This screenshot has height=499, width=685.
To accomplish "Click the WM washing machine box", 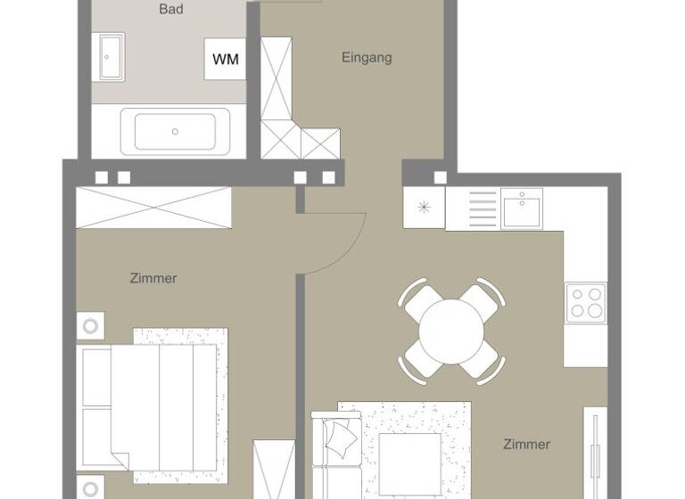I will click(225, 60).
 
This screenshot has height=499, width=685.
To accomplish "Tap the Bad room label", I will click(171, 9).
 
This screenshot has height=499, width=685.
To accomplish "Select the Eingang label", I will click(367, 58).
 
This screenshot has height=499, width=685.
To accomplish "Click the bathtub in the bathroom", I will click(175, 132).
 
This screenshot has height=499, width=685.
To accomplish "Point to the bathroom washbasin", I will click(111, 56).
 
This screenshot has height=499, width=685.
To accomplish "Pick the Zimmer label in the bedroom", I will click(153, 278).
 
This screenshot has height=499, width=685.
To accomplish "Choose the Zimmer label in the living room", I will click(526, 444).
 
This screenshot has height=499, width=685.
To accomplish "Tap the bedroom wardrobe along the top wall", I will click(153, 208).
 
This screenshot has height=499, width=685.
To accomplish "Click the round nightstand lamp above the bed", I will click(90, 325).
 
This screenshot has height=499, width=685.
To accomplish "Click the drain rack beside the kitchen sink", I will click(483, 209).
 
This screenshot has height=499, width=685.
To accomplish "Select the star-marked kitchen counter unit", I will click(424, 209).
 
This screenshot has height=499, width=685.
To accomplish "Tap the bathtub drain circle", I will click(175, 132).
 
